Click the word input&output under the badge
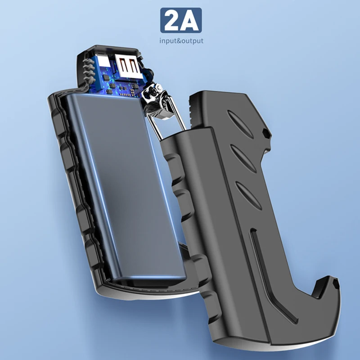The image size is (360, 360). pyautogui.click(x=181, y=41)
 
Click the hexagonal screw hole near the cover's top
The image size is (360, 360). pyautogui.click(x=265, y=133)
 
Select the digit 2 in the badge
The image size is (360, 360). pyautogui.click(x=172, y=21)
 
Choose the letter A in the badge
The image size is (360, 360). pyautogui.click(x=190, y=21)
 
